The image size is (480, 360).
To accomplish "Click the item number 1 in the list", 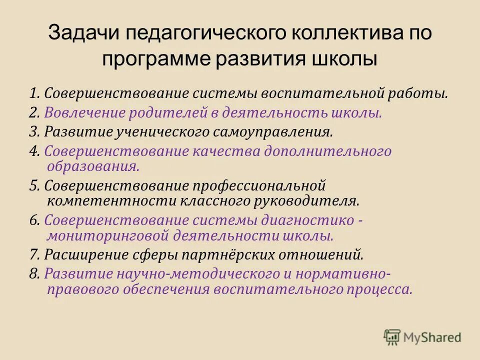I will tap(33, 93).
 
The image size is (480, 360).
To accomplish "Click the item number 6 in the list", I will tap(33, 220).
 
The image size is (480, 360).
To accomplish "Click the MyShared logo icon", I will tap(392, 337).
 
